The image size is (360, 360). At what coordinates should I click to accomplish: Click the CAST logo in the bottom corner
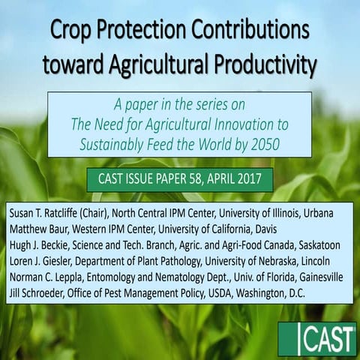tap(316, 339)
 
